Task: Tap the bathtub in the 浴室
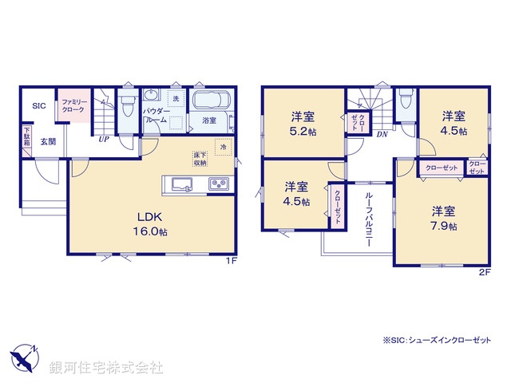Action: coord(210,102)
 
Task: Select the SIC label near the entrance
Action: coord(38,105)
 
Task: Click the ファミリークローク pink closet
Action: coord(70,107)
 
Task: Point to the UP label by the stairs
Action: coord(104,139)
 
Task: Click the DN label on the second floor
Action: coord(382,134)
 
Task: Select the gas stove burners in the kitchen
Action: coord(220,184)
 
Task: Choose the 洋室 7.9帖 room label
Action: coord(445,219)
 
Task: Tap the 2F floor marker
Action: coord(483,271)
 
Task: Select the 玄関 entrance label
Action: coord(48,142)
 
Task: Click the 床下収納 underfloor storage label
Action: coord(200,158)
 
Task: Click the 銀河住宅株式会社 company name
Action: coord(106,367)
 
